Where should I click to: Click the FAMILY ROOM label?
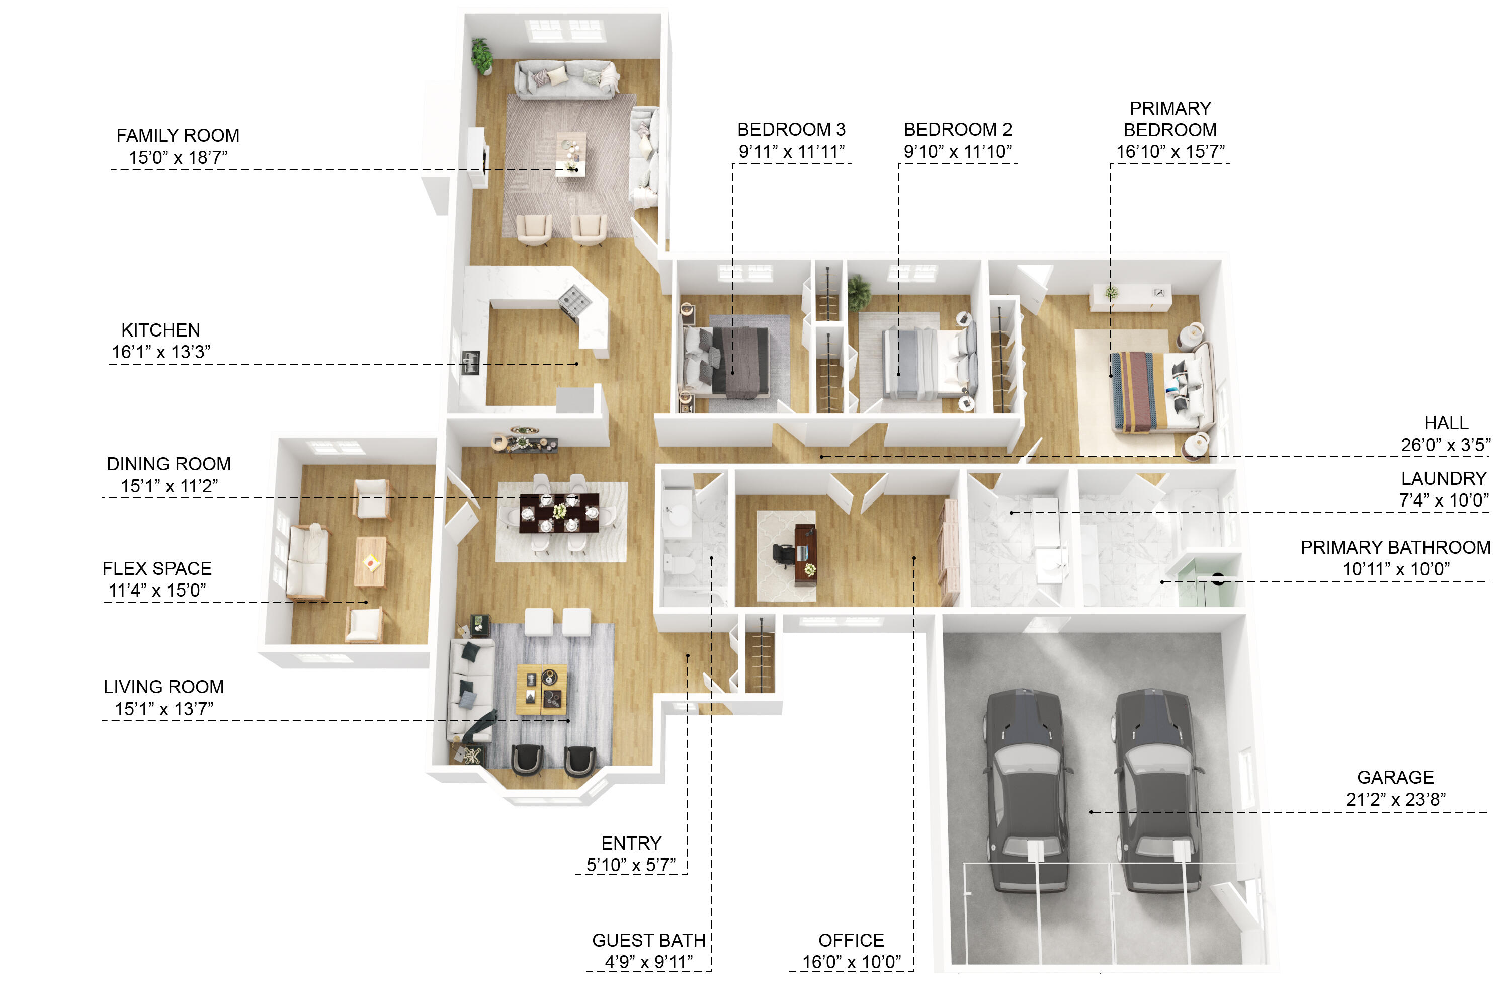point(178,136)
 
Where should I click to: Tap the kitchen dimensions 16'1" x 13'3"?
point(161,352)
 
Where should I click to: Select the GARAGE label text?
point(1395,778)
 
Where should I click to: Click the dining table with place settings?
point(559,513)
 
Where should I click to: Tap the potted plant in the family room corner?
point(482,56)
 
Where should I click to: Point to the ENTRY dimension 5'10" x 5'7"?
point(631,865)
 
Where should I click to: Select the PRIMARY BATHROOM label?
point(1395,547)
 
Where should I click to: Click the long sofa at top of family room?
point(564,79)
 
